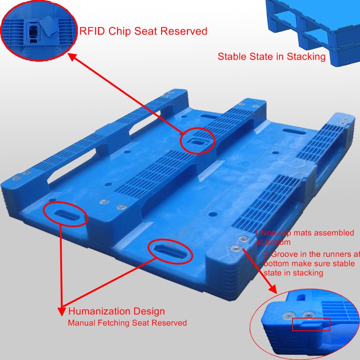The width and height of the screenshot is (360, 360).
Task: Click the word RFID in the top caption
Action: (93, 31)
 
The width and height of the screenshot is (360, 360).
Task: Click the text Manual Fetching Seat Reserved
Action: (127, 323)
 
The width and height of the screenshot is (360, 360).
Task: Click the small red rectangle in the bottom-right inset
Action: (311, 324)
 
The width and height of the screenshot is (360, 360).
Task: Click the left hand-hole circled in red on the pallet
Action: (65, 213)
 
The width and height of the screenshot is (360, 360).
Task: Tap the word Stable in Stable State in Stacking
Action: (231, 57)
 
